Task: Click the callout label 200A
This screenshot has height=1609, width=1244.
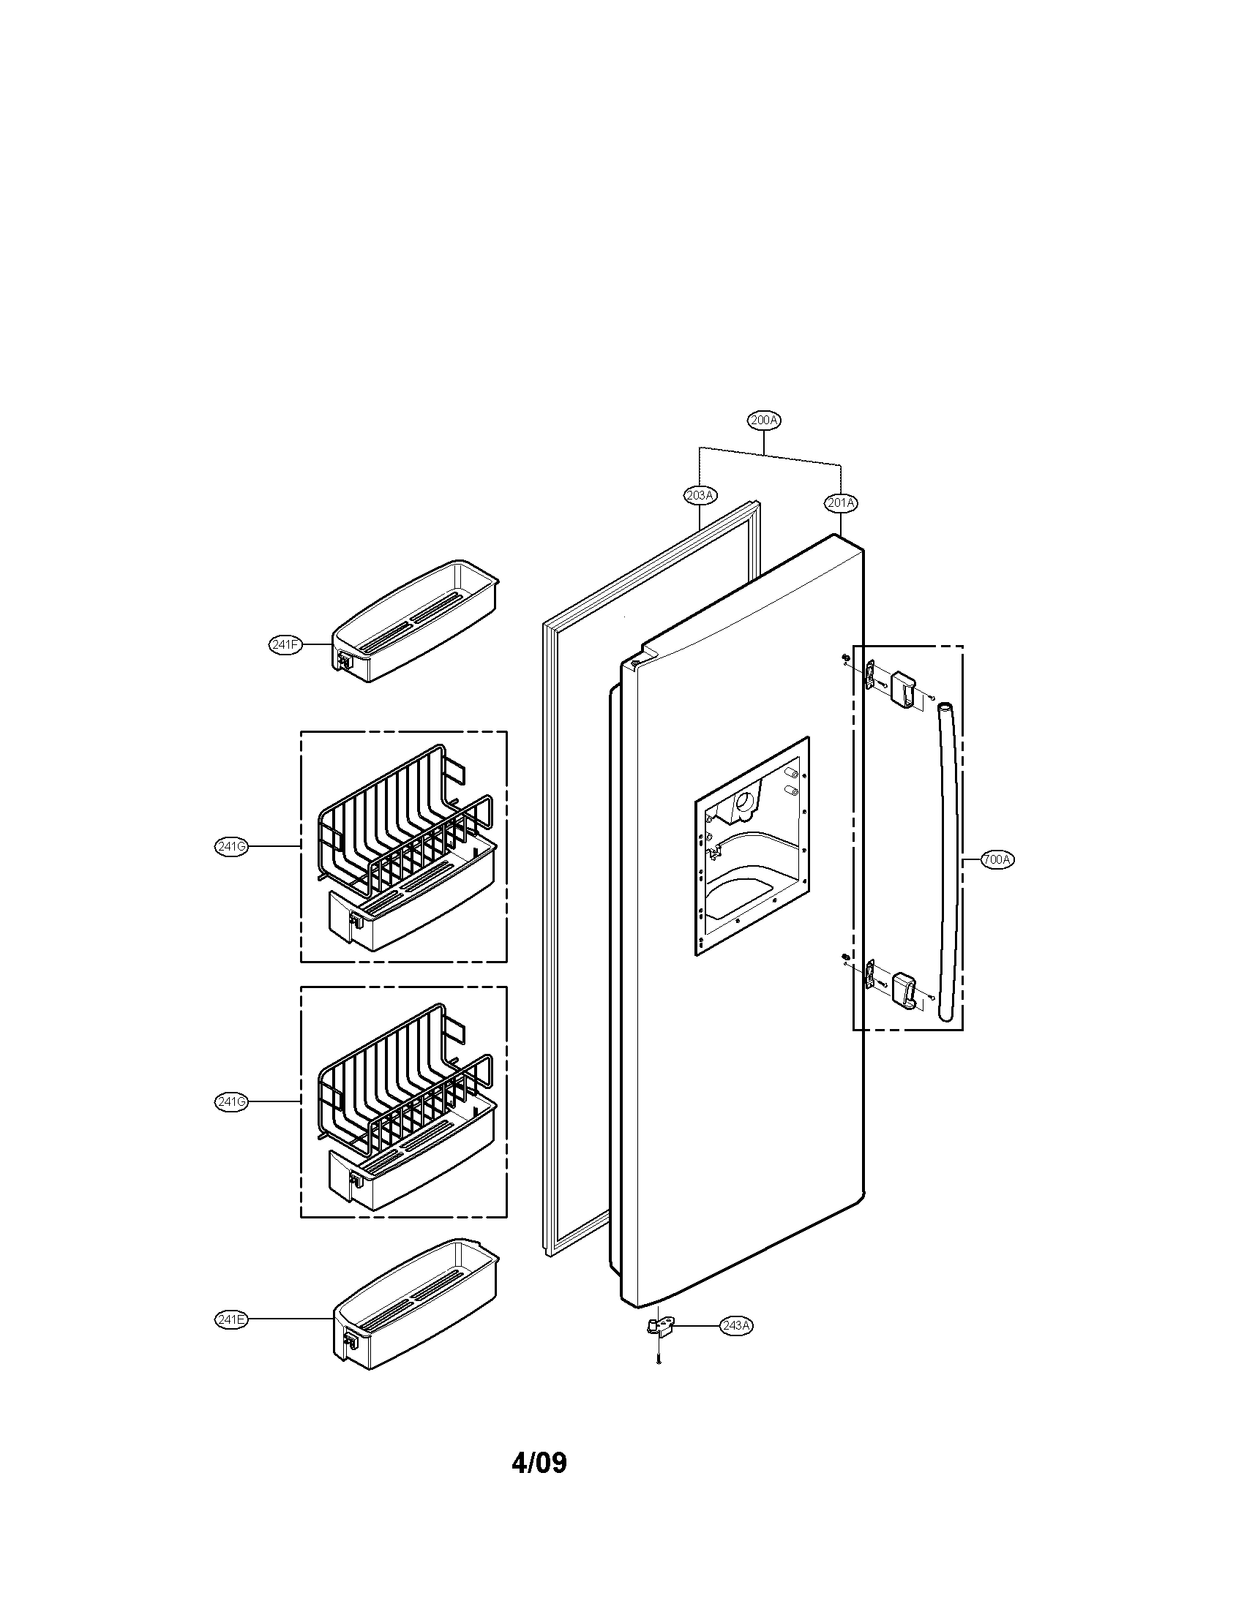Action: click(764, 421)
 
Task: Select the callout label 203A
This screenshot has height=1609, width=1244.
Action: click(700, 495)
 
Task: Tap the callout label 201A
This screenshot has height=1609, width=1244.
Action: click(841, 503)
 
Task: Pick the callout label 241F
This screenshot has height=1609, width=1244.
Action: click(285, 644)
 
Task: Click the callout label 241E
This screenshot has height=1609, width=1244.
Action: click(231, 1319)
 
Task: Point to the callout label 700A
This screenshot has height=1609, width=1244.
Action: click(998, 859)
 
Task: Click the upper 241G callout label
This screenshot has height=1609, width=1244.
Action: click(231, 846)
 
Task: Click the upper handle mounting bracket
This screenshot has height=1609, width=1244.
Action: click(904, 687)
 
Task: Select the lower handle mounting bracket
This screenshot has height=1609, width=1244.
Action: click(904, 990)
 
